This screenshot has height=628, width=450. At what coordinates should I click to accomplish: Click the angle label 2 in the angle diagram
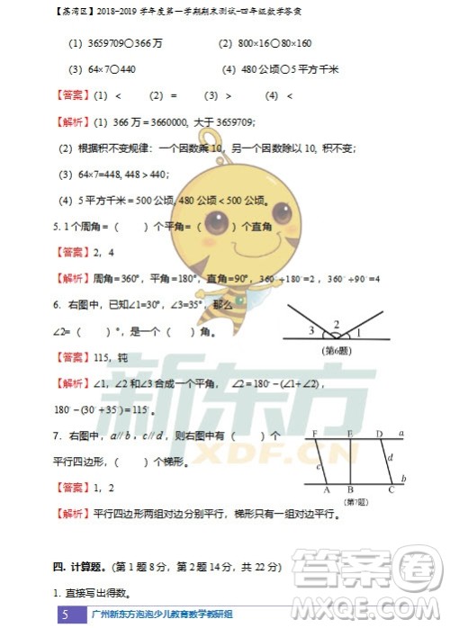pyautogui.click(x=337, y=325)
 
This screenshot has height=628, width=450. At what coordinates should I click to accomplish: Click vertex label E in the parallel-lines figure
pyautogui.click(x=349, y=435)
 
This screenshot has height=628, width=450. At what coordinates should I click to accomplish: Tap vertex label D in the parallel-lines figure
pyautogui.click(x=379, y=435)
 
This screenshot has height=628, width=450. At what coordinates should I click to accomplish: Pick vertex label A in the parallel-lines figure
pyautogui.click(x=325, y=490)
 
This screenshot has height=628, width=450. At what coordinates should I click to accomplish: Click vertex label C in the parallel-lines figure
pyautogui.click(x=391, y=490)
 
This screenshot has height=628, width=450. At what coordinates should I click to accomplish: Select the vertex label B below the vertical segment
pyautogui.click(x=349, y=490)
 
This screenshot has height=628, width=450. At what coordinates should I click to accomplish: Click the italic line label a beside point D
pyautogui.click(x=401, y=434)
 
